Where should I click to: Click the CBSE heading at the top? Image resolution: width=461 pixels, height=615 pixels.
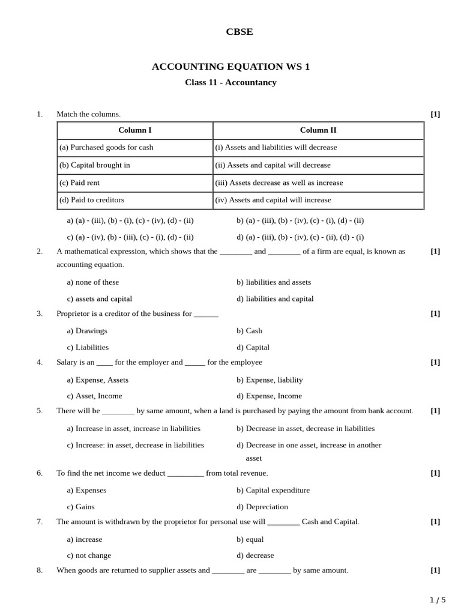[239, 32]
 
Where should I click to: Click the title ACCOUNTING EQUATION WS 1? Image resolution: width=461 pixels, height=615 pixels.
[230, 67]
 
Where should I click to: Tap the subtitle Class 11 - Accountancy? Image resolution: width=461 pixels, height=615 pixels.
[230, 82]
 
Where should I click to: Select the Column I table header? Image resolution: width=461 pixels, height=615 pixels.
[135, 130]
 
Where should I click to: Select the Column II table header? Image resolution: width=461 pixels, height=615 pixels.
[318, 130]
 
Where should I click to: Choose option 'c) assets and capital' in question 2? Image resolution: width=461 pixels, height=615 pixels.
[100, 298]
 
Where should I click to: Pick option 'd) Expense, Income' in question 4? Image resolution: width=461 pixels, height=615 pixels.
[269, 396]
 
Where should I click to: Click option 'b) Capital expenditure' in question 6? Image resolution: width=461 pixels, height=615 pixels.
[273, 490]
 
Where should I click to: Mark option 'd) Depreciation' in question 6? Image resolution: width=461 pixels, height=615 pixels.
[262, 506]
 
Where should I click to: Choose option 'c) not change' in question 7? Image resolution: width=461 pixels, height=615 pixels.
[89, 556]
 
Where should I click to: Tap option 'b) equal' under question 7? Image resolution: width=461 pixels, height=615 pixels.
[250, 539]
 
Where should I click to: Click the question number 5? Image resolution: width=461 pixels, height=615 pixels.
[40, 411]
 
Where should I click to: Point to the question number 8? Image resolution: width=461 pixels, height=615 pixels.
[40, 570]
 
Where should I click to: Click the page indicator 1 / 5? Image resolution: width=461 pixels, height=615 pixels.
[438, 600]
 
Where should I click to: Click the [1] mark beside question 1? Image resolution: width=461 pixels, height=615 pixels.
[435, 114]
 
